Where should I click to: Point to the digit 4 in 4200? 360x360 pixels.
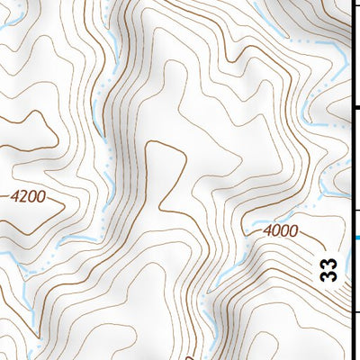tap(17, 193)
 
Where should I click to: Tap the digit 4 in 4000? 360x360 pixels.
tap(269, 231)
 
